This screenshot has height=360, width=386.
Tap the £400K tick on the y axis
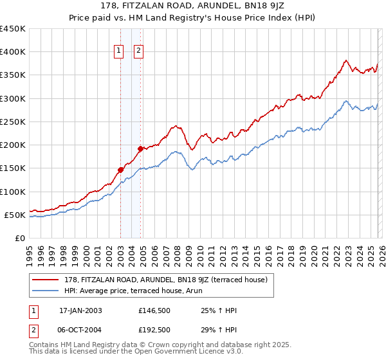point(13,52)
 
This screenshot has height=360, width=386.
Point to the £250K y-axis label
point(13,122)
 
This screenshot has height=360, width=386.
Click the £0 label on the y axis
point(19,238)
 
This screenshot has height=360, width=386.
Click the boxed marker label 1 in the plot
point(120,53)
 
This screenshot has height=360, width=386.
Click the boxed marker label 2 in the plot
point(139,53)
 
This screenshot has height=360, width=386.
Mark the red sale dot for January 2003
point(120,170)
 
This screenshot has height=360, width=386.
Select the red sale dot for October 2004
point(140,148)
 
